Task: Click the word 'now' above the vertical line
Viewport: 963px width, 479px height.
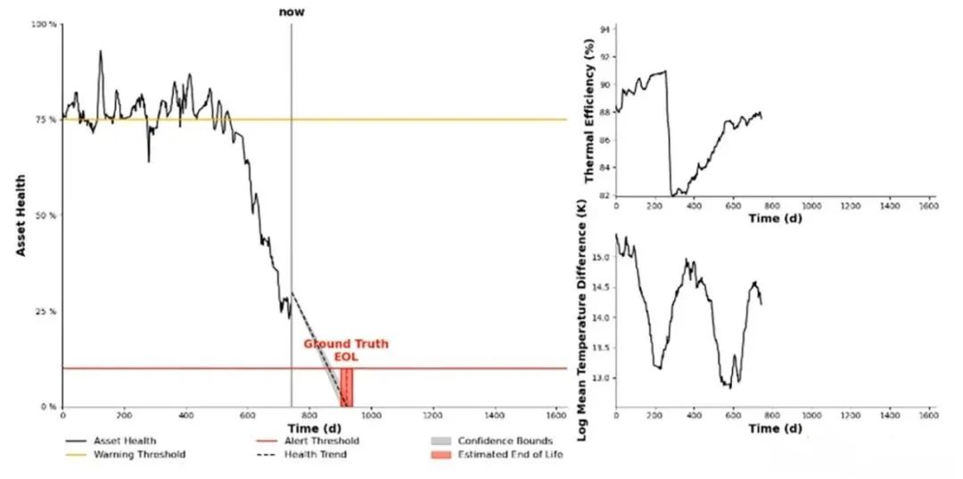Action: click(x=291, y=12)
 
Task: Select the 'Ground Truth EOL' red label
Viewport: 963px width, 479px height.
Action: click(x=346, y=350)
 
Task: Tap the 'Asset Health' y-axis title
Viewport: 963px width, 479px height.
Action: click(x=20, y=215)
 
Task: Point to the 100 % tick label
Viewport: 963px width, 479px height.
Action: click(x=45, y=25)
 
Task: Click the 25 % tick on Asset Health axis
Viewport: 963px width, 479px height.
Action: click(x=46, y=311)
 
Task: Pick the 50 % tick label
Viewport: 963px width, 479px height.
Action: click(x=46, y=216)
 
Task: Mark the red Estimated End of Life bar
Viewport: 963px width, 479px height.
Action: click(x=347, y=388)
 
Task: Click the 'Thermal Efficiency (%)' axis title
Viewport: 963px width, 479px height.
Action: click(x=589, y=111)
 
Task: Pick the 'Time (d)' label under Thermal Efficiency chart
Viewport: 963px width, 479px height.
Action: click(x=772, y=218)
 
